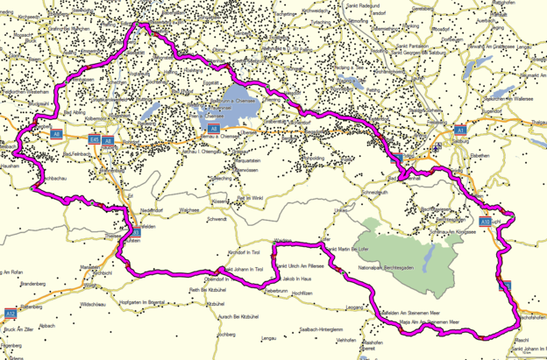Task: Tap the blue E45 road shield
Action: tap(94, 138)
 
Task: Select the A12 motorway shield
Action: tap(10, 313)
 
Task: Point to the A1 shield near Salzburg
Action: tap(459, 130)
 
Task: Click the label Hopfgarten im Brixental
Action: tap(148, 302)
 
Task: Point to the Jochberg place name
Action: tap(226, 334)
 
